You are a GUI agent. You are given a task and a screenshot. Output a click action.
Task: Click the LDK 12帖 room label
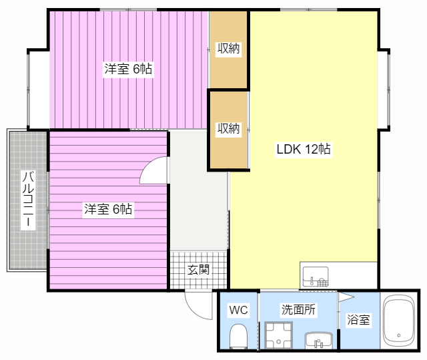(304, 149)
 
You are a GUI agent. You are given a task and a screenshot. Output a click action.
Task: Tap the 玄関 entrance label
(199, 270)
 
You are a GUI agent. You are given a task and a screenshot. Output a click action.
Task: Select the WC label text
(238, 310)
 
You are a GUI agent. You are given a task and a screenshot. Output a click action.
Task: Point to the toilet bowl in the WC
(238, 335)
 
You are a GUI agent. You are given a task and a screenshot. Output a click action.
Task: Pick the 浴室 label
(358, 319)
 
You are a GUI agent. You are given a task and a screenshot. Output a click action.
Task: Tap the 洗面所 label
(298, 310)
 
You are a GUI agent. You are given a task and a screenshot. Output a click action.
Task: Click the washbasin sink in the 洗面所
(319, 340)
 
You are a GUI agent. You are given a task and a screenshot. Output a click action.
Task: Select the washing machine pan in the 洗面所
(278, 335)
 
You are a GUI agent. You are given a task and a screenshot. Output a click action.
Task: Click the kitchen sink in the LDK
(316, 277)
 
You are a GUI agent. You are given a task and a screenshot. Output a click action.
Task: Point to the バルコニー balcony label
(28, 200)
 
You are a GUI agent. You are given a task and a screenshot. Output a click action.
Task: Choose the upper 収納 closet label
(228, 49)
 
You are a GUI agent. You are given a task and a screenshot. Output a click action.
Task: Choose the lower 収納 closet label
(228, 128)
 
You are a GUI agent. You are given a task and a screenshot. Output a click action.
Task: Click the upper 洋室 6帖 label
(128, 69)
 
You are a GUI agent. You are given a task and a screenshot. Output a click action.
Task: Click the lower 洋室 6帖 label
(108, 209)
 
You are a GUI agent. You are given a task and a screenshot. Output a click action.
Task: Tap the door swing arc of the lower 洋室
(147, 164)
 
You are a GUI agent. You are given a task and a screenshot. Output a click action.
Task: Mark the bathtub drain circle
(399, 335)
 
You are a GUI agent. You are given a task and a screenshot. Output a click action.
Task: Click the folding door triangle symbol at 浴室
(346, 297)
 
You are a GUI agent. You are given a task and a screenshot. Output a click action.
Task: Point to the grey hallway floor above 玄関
(199, 199)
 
